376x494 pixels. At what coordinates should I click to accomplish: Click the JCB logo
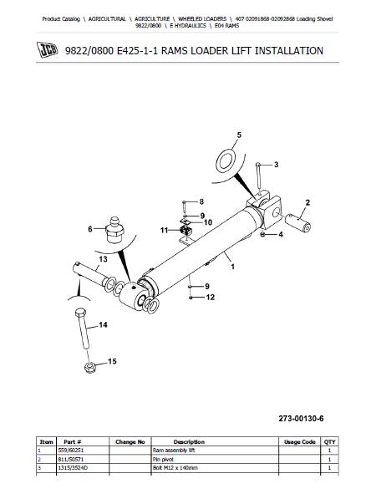coord(48,50)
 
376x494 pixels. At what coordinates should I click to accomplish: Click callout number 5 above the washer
coord(239,135)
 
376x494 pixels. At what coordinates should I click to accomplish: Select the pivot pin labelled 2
coord(298,223)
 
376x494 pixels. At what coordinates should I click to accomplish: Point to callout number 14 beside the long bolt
coord(103,325)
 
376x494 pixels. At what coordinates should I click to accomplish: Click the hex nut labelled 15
coord(90,367)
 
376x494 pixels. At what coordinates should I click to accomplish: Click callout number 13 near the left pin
coord(103,259)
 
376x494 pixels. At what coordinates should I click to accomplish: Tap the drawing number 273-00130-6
coord(301,419)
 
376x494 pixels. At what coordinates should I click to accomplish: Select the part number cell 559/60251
coord(71,451)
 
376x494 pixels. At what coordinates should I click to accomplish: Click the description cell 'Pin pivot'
coord(163,460)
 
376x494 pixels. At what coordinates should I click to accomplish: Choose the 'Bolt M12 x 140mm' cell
coord(175,468)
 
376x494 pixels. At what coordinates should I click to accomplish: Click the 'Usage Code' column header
coord(299,441)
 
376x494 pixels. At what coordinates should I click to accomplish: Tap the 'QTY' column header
coord(329,441)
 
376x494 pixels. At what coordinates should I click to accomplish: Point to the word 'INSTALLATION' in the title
coord(289,51)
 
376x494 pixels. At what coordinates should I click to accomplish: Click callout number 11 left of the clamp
coord(164,231)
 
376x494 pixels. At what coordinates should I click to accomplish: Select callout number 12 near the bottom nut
coord(210,297)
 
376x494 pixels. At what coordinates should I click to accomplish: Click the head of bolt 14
coord(80,313)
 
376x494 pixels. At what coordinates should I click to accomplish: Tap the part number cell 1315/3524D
coord(73,468)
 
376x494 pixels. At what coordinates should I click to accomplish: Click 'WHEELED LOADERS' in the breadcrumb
coord(202,19)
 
